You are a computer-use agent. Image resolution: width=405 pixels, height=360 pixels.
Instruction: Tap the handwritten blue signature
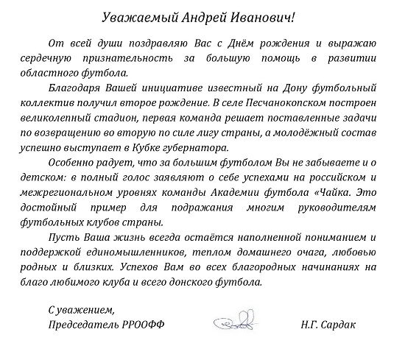(236, 324)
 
